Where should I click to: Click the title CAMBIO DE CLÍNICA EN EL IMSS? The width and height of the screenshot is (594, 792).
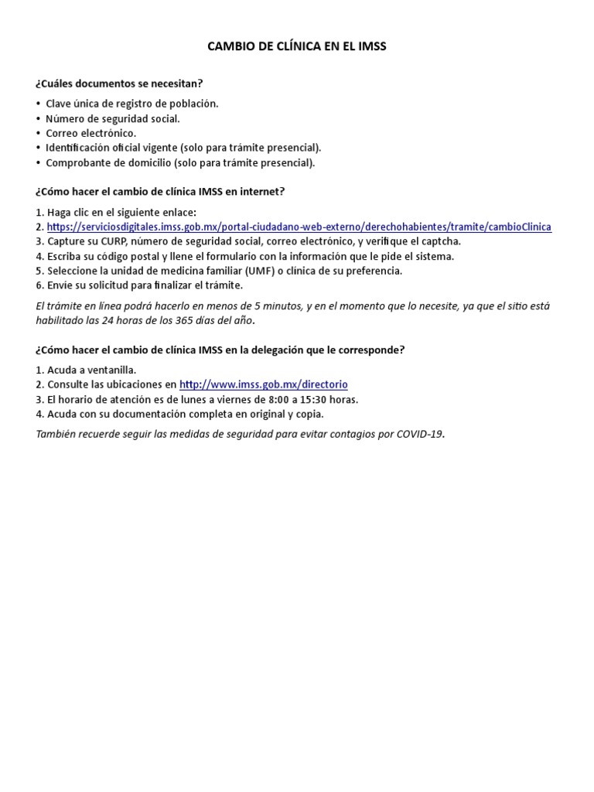(297, 46)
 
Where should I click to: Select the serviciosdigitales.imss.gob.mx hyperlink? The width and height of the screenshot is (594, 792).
(299, 227)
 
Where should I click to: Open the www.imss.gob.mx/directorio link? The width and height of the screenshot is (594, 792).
(263, 384)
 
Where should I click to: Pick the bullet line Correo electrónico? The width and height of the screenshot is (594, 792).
(90, 133)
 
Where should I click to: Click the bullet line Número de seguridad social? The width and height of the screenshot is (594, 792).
(112, 118)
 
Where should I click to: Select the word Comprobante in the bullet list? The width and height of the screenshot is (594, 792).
(77, 162)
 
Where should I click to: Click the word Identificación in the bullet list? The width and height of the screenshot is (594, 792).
(80, 148)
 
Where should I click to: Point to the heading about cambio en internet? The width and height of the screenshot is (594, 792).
(160, 191)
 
